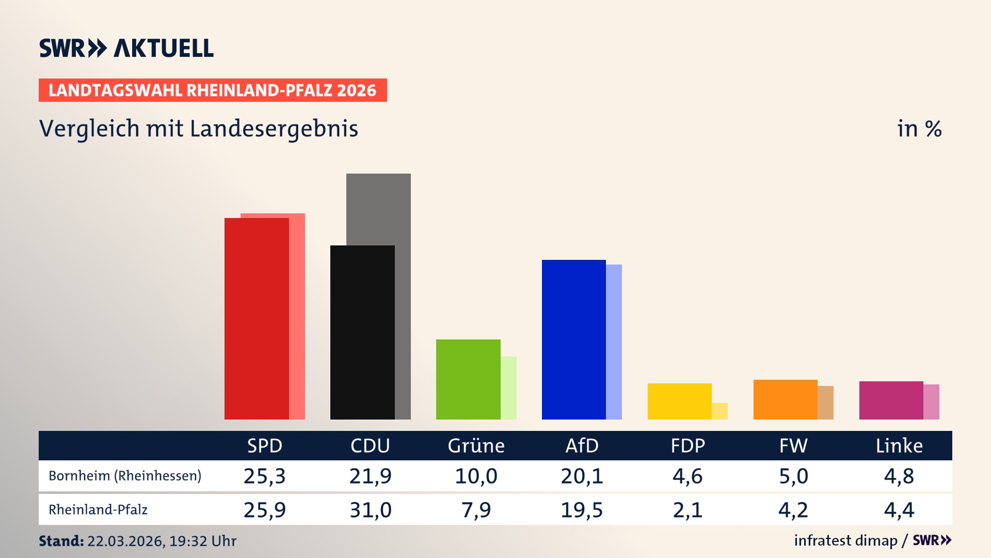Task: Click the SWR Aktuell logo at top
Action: click(x=126, y=48)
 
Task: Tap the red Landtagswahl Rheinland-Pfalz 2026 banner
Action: click(x=212, y=90)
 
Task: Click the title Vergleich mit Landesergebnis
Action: click(x=198, y=129)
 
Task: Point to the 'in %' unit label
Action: click(x=919, y=129)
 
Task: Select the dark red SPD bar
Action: click(x=257, y=318)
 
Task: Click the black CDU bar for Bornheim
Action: click(x=362, y=332)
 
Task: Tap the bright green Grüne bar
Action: click(x=468, y=379)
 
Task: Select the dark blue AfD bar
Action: click(x=573, y=339)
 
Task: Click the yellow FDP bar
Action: click(x=679, y=401)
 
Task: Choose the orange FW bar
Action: click(x=785, y=399)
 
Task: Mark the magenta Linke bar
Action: click(x=891, y=400)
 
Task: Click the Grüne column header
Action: click(x=476, y=446)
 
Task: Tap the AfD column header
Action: click(x=582, y=446)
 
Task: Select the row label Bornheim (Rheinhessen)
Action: click(x=125, y=476)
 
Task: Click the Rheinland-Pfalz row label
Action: click(x=98, y=510)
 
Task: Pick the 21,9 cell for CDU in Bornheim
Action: click(x=370, y=476)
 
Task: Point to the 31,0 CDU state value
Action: click(x=370, y=510)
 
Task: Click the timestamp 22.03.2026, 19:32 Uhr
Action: click(x=162, y=541)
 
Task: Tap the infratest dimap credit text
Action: click(x=845, y=540)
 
